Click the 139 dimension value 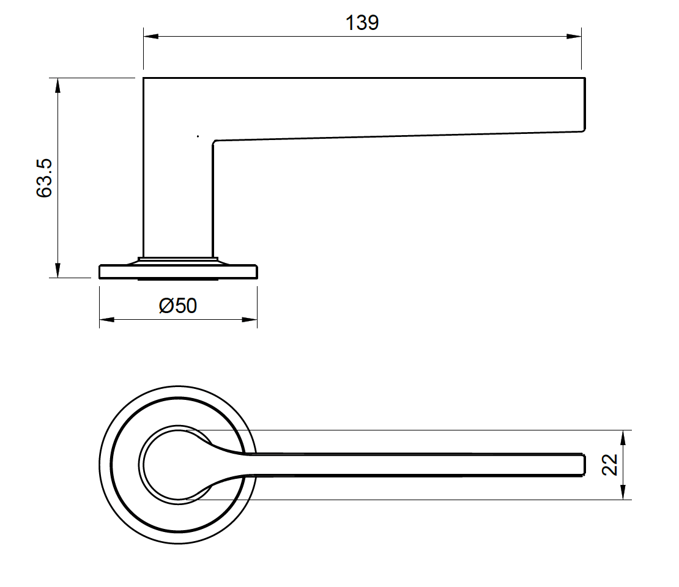coord(362,23)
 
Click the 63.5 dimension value coord(45,178)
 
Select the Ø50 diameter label coord(178,305)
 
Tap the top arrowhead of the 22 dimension coord(623,437)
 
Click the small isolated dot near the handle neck coord(198,136)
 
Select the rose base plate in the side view coord(178,271)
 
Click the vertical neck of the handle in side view coord(178,196)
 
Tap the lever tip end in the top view coord(583,465)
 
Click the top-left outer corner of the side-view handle coord(144,78)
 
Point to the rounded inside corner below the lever coord(215,143)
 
